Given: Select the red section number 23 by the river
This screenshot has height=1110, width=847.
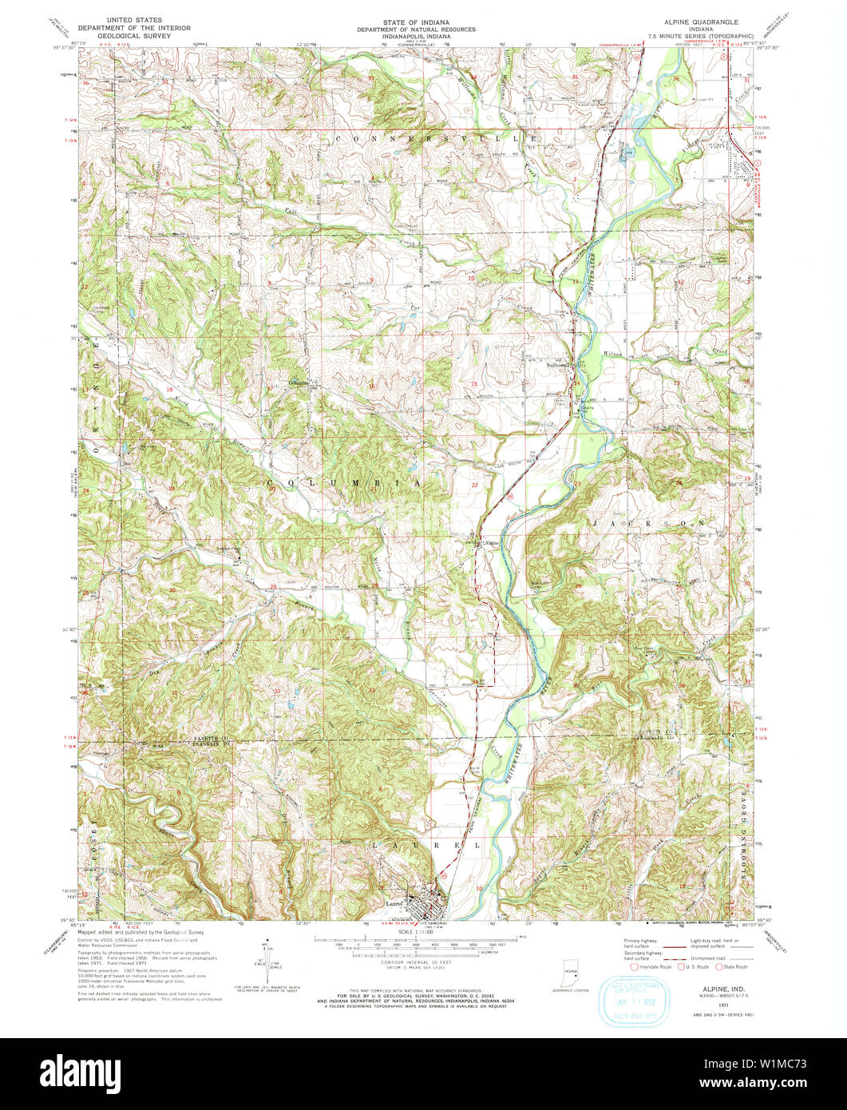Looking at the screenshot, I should [576, 484].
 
